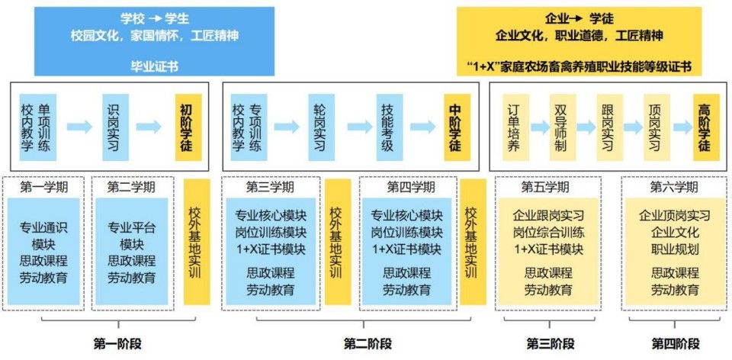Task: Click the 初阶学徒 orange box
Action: tap(188, 127)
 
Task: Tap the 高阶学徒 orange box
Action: tap(704, 127)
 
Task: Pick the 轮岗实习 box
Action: tap(319, 127)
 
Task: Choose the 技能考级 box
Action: tap(387, 127)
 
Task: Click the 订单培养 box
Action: tap(513, 127)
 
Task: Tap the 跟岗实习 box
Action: tap(608, 127)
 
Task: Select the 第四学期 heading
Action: tap(411, 187)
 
